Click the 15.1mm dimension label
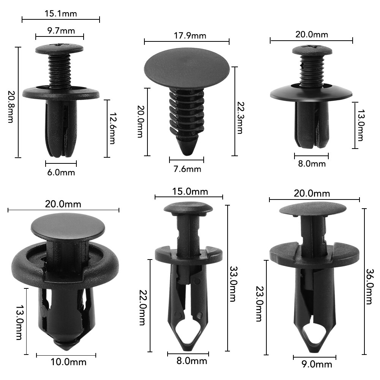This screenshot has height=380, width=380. pos(61,14)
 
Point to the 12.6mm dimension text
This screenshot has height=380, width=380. pos(112,128)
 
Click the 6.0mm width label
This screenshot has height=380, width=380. pos(61,173)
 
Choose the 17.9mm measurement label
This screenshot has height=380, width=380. pos(187,36)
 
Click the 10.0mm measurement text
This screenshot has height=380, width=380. pos(68,362)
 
